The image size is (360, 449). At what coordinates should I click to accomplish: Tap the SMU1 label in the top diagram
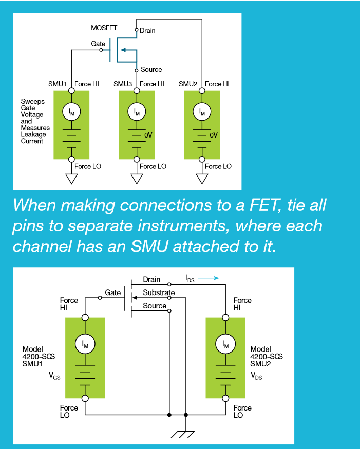[57, 84]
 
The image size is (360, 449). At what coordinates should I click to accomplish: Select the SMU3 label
[123, 84]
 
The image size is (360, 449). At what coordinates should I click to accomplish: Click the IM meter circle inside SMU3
[137, 111]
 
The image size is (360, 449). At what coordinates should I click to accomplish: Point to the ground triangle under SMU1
[71, 179]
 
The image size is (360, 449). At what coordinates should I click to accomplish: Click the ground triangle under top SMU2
[202, 179]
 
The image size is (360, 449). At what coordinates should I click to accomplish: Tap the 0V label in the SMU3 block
[148, 135]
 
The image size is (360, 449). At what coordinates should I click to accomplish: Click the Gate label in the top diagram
[98, 44]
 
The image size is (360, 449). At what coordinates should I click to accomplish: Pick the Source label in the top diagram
[151, 69]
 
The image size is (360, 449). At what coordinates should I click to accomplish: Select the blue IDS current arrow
[209, 278]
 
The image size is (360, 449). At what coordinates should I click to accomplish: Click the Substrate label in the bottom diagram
[159, 292]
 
